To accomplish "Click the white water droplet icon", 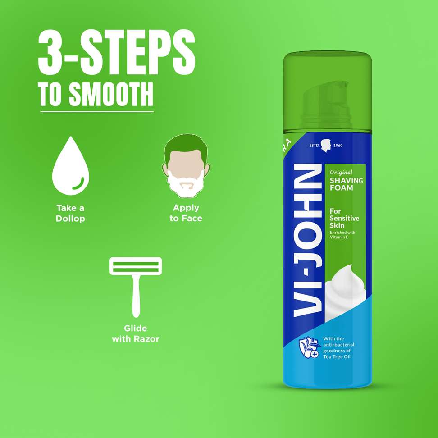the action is coord(71,166).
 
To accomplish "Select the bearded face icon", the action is coord(186,166).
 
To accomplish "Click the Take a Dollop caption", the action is coord(70,213).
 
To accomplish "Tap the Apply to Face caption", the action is coord(186,213).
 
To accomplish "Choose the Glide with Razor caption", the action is coord(136,333).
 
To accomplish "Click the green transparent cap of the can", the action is coord(328,92).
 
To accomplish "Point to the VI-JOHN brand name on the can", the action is coord(308,241).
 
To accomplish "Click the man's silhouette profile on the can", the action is coord(326,146).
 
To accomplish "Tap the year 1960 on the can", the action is coord(338,145).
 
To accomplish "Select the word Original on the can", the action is coord(341,172).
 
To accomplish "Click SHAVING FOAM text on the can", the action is coord(346,184).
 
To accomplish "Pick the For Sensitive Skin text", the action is coord(344,218).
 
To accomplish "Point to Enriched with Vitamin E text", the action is coord(342,235).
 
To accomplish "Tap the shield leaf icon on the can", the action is coord(309,348).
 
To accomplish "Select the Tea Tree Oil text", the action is coord(337,357).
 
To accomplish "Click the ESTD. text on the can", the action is coord(314,145).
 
